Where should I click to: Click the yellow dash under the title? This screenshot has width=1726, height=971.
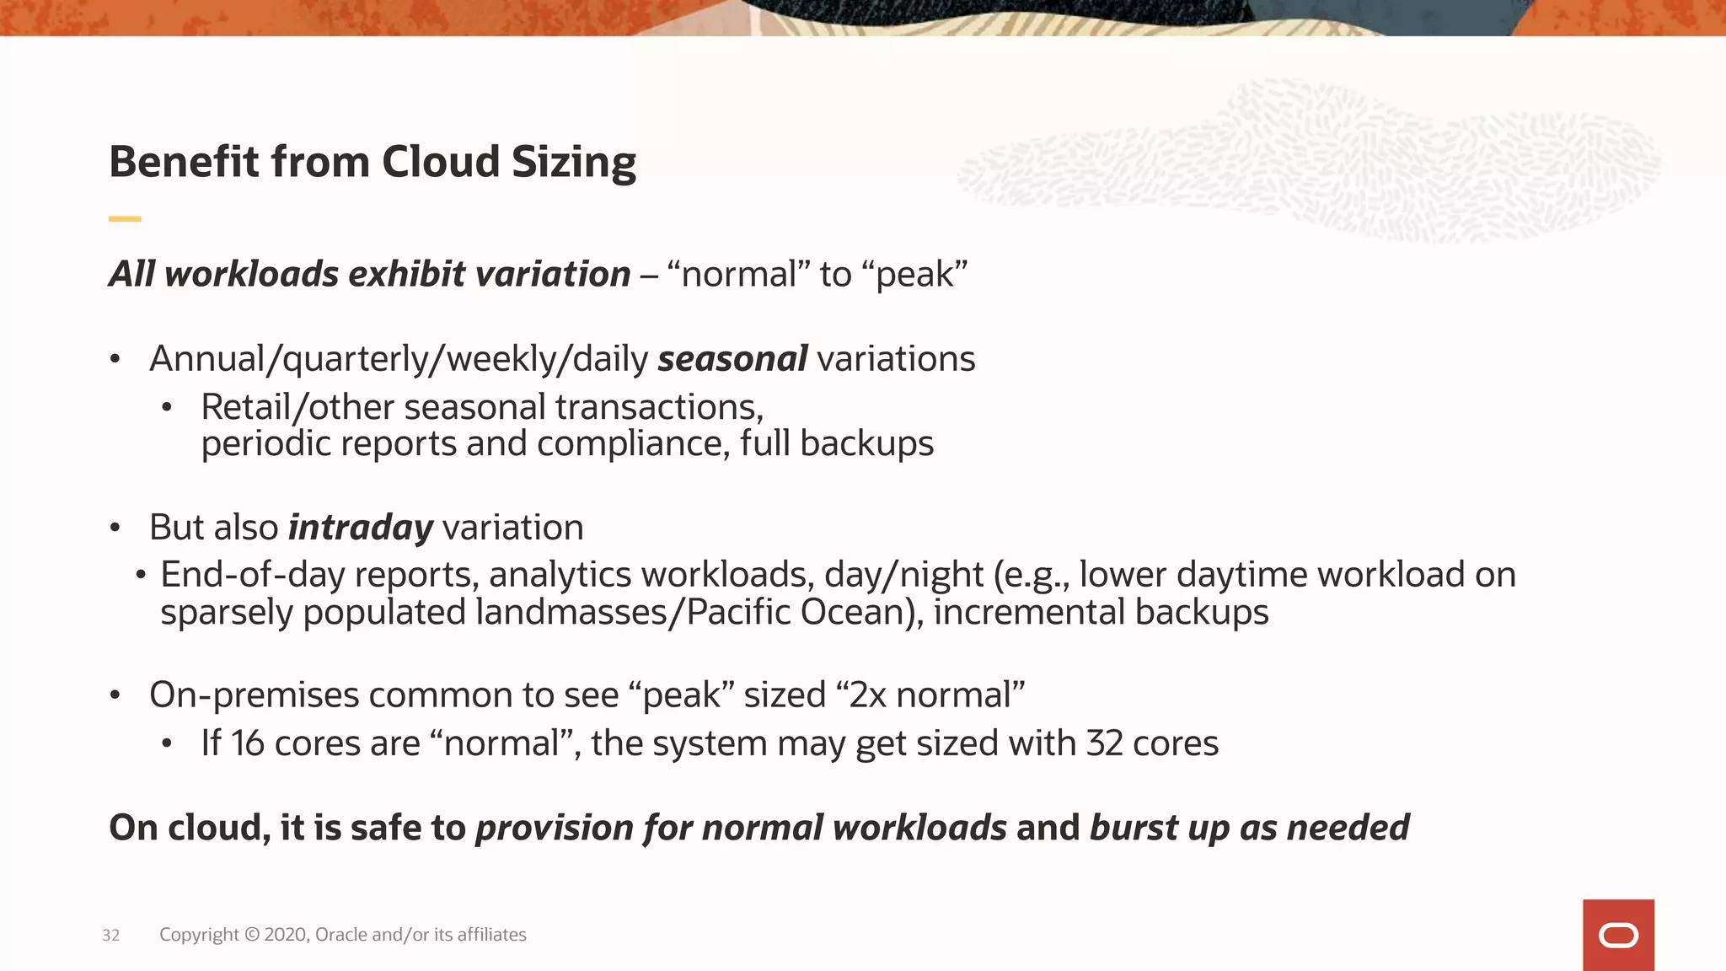[x=125, y=219]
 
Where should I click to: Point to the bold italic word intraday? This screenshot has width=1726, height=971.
[x=361, y=528]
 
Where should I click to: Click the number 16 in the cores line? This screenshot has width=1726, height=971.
[x=247, y=743]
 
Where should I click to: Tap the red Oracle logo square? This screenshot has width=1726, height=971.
[x=1618, y=935]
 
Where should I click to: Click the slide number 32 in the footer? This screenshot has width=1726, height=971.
[x=110, y=936]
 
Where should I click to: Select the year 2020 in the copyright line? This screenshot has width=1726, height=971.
[x=286, y=935]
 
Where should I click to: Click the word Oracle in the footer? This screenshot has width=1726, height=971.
[x=341, y=935]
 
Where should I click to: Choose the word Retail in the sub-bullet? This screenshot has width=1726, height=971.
[x=244, y=408]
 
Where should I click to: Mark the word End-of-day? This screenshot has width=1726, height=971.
[x=253, y=576]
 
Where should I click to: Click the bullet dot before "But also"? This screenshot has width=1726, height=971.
[x=115, y=528]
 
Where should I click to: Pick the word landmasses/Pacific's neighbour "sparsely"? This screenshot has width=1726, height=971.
[x=227, y=613]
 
